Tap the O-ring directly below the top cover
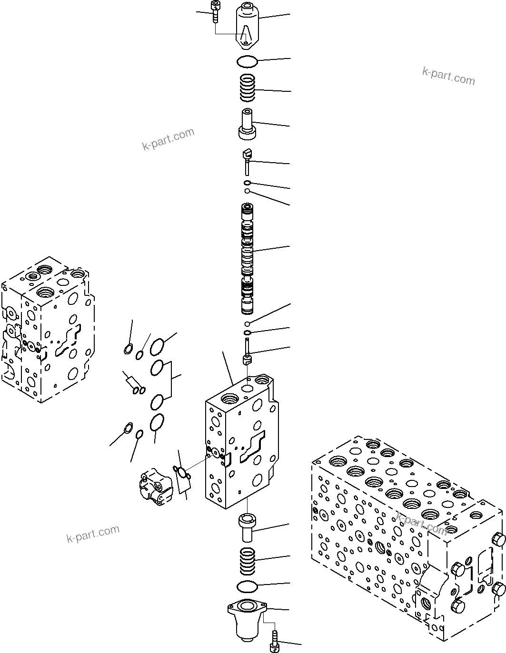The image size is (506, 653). click(247, 61)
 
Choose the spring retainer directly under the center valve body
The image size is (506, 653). click(247, 527)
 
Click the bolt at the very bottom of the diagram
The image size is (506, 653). click(275, 637)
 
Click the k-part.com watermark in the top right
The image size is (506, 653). click(448, 76)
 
